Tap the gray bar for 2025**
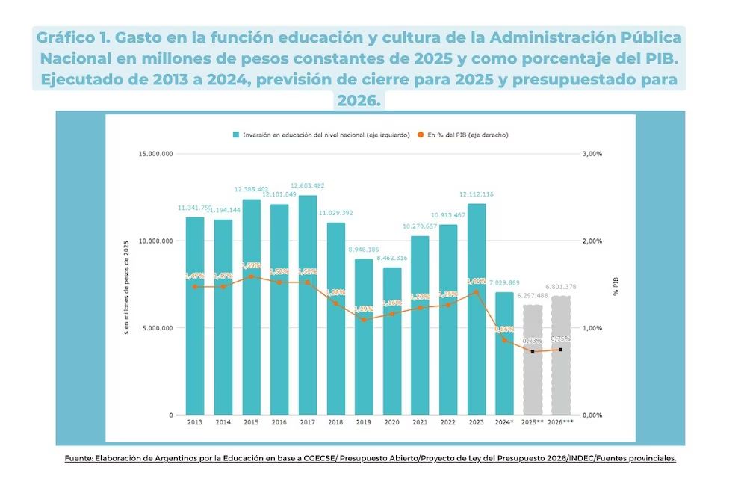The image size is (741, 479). coord(533,359)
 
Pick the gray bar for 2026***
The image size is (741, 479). coord(560,355)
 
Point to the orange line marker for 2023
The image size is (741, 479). coord(476,292)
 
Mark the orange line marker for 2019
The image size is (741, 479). coord(364,320)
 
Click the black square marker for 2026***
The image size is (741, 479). coord(560,350)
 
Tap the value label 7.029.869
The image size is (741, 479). coord(504,283)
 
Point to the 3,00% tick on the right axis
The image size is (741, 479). coord(592,153)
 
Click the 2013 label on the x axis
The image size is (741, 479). coord(195,423)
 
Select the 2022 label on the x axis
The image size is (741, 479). coord(448,423)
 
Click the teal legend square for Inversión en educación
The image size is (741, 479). coord(236,135)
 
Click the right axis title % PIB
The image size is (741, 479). coord(616,284)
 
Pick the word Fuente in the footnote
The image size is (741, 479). coord(77,458)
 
